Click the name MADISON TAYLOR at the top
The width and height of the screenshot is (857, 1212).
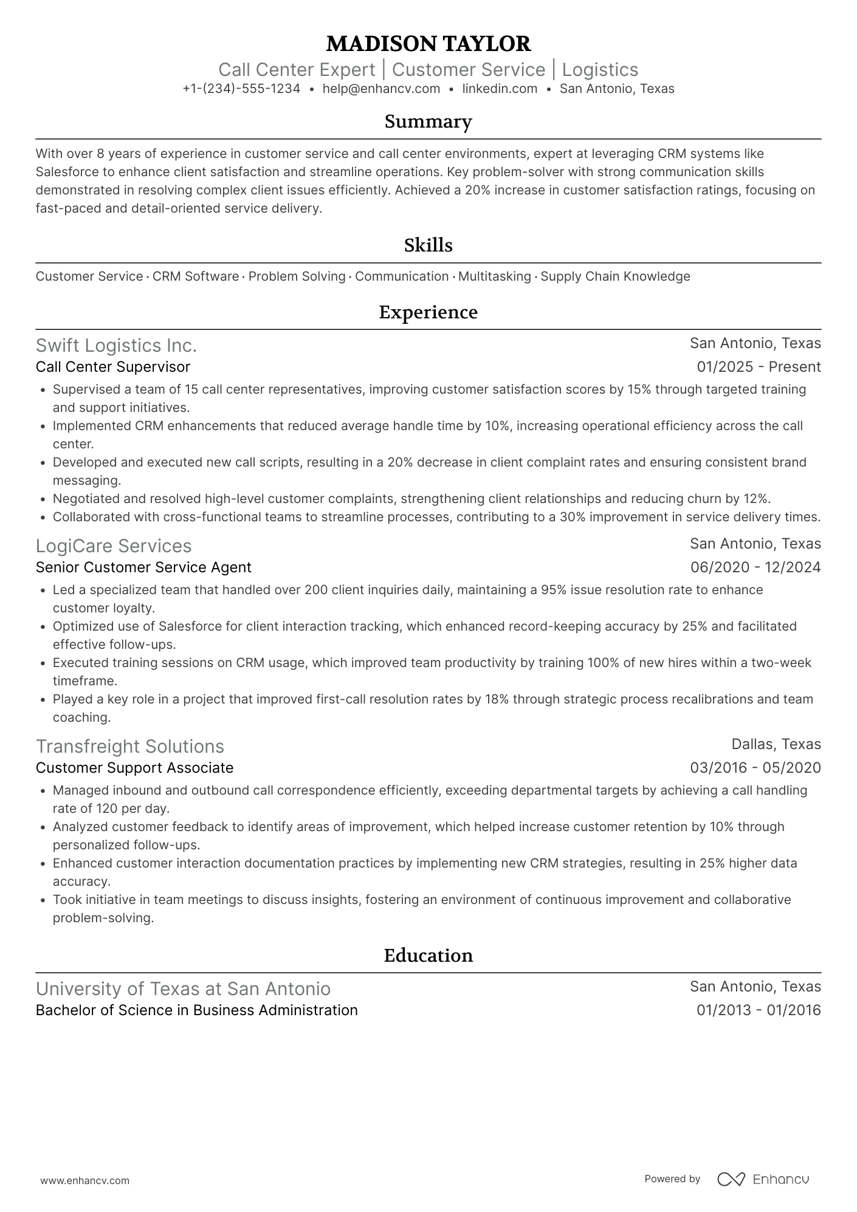tap(428, 44)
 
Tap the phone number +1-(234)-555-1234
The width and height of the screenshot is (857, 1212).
tap(241, 89)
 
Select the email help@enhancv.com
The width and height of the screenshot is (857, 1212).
tap(381, 89)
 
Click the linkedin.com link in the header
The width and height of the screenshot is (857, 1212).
tap(500, 89)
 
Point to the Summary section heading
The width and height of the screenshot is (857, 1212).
tap(428, 122)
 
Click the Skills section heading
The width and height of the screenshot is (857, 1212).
tap(428, 245)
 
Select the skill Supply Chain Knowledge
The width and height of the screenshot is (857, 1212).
tap(615, 276)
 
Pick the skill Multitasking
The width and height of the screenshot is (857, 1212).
tap(494, 276)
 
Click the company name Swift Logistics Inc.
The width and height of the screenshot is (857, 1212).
tap(116, 346)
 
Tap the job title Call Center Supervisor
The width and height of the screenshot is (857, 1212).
tap(113, 367)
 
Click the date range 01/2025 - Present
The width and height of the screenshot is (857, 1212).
tap(759, 367)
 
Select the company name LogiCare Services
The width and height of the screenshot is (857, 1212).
tap(114, 546)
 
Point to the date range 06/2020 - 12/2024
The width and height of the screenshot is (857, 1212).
tap(755, 567)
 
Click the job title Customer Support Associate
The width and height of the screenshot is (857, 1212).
tap(134, 768)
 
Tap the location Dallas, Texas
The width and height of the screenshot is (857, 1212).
tap(776, 744)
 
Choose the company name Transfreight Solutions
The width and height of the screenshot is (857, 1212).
tap(130, 747)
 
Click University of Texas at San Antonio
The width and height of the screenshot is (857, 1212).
tap(183, 989)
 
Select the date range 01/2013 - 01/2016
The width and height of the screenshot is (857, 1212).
tap(759, 1010)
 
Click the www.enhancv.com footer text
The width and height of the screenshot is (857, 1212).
tap(84, 1181)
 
